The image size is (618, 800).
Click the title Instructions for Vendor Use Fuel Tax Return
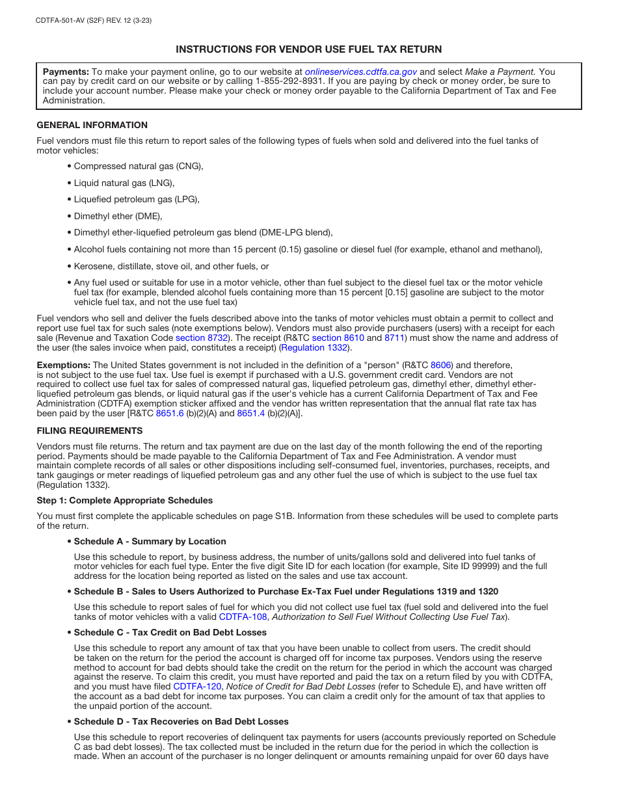pyautogui.click(x=308, y=49)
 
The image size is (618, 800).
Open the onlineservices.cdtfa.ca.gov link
pyautogui.click(x=360, y=72)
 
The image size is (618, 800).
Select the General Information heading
pyautogui.click(x=92, y=125)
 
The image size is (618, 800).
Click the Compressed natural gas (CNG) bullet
pyautogui.click(x=138, y=167)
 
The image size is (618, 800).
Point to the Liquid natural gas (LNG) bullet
pyautogui.click(x=124, y=183)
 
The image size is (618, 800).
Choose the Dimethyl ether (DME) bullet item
pyautogui.click(x=118, y=216)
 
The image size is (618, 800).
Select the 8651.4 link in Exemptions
pyautogui.click(x=250, y=413)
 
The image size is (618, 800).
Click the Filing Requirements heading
pyautogui.click(x=89, y=431)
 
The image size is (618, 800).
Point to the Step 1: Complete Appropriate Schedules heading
pyautogui.click(x=124, y=500)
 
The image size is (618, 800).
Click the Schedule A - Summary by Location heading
pyautogui.click(x=150, y=541)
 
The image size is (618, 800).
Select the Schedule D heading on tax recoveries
pyautogui.click(x=181, y=721)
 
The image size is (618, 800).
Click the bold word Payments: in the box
pyautogui.click(x=66, y=72)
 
